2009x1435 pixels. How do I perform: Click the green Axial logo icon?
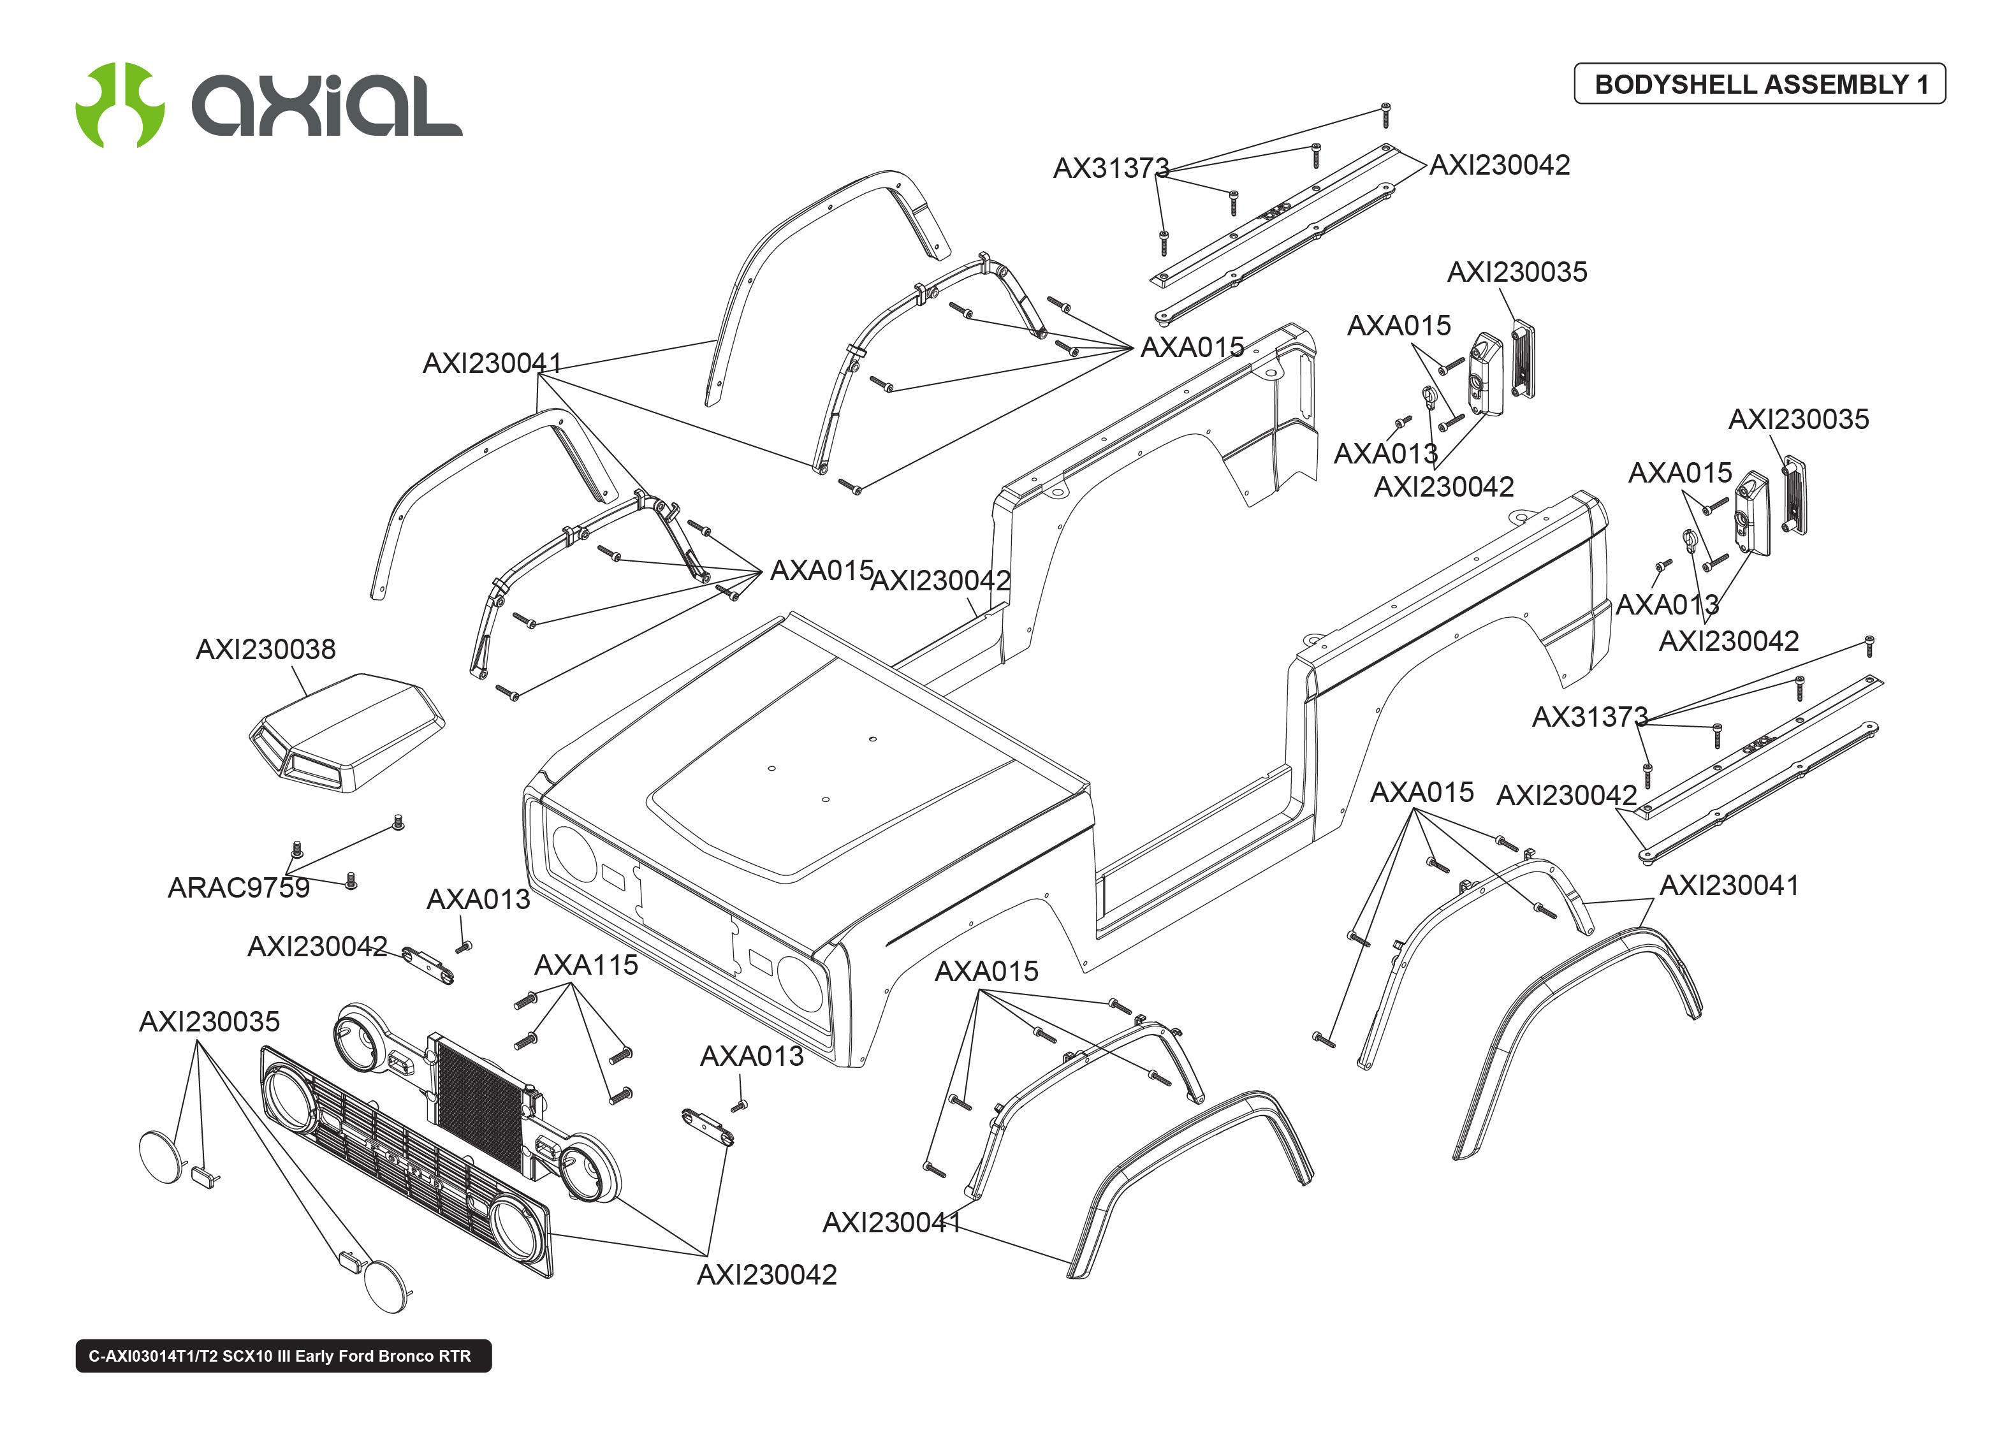pos(120,105)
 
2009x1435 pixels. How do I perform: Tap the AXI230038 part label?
pos(265,650)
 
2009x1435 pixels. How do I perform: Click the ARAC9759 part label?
pos(238,887)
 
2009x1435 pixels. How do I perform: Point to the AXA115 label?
pos(586,965)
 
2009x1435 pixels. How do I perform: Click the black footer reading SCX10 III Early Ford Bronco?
pos(282,1355)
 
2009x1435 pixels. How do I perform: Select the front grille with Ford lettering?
pos(406,1162)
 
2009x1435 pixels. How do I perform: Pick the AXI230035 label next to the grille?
pos(209,1021)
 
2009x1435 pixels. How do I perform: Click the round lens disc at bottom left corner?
pos(163,1156)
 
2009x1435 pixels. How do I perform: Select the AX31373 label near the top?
pos(1111,168)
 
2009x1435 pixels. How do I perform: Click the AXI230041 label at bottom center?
pos(891,1222)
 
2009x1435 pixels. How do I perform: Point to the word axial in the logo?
pos(327,106)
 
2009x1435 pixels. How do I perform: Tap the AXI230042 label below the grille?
pos(766,1274)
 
